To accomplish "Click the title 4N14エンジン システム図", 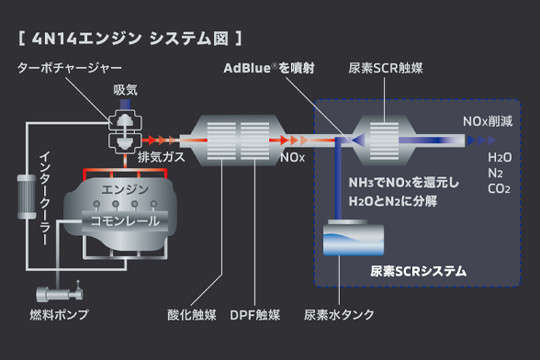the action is [x=129, y=39].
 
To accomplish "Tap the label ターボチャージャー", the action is [x=70, y=68].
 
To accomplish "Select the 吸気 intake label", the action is [x=125, y=90].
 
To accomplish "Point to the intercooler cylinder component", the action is [x=27, y=197].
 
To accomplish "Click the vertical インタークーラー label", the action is [x=45, y=198].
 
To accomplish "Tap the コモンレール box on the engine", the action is [x=125, y=220].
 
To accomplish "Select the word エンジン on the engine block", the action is [x=125, y=189].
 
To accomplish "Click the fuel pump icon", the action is [x=60, y=294].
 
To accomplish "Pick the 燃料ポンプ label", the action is [x=59, y=315].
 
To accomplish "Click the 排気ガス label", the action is [x=162, y=157].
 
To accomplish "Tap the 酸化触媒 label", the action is [x=191, y=315].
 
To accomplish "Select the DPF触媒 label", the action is [x=255, y=315].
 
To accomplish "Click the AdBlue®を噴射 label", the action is [x=269, y=68].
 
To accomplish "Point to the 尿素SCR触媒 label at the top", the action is [x=386, y=68].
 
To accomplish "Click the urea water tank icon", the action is [x=354, y=238].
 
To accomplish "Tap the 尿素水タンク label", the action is [x=339, y=315].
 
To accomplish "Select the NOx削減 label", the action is [x=488, y=121].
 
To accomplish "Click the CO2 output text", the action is [x=499, y=189].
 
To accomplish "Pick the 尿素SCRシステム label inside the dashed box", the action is [x=419, y=272].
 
